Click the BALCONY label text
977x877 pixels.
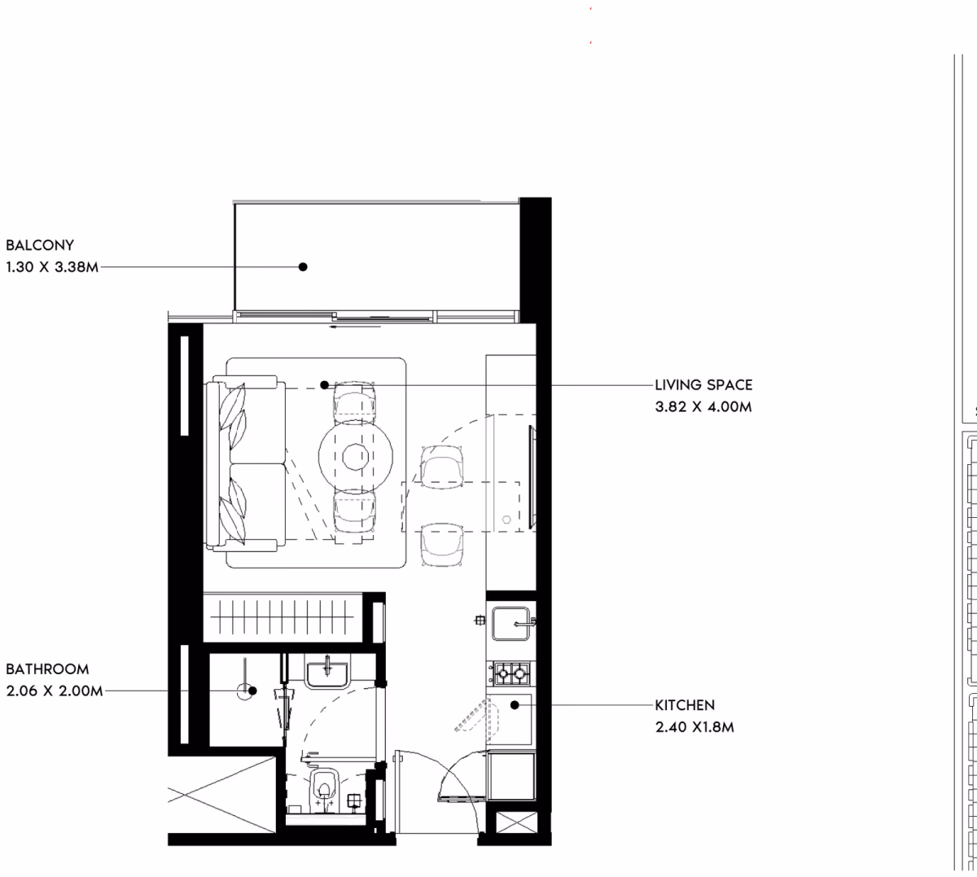click(x=40, y=245)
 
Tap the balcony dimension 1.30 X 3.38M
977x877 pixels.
click(x=52, y=267)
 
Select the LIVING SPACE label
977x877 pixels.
click(x=703, y=385)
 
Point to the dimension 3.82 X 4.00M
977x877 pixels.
click(x=703, y=406)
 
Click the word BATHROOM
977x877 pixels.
click(x=47, y=669)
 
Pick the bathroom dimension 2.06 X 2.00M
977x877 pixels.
click(x=55, y=691)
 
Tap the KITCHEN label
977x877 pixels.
click(x=685, y=705)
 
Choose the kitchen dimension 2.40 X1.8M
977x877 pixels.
click(x=694, y=727)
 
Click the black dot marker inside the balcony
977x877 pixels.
click(x=303, y=267)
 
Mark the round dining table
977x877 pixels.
click(x=356, y=456)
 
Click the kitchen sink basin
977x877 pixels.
click(x=510, y=623)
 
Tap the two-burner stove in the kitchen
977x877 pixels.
click(x=511, y=673)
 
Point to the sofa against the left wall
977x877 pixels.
click(x=245, y=464)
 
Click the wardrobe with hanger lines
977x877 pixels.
click(x=283, y=617)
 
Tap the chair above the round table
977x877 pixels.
click(x=354, y=401)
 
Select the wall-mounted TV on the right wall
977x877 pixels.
click(x=532, y=477)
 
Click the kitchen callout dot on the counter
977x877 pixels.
click(x=515, y=705)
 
